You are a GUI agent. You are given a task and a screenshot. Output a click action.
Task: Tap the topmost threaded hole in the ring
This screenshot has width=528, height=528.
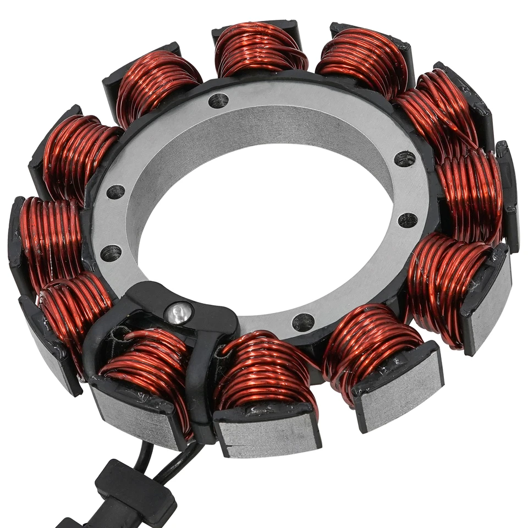[218, 101]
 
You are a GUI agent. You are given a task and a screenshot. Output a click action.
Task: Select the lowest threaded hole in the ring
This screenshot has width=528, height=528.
[303, 322]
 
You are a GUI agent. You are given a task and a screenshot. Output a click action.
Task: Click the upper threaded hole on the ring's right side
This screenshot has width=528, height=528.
[405, 158]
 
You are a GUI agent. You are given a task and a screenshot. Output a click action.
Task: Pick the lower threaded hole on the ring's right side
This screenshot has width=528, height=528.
[408, 220]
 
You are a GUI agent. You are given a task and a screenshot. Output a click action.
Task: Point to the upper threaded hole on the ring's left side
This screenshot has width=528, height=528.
[116, 192]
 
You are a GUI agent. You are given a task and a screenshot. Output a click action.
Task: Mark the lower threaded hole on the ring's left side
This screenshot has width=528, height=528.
[111, 253]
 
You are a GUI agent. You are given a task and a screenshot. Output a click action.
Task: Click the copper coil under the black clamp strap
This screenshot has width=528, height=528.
[146, 363]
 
